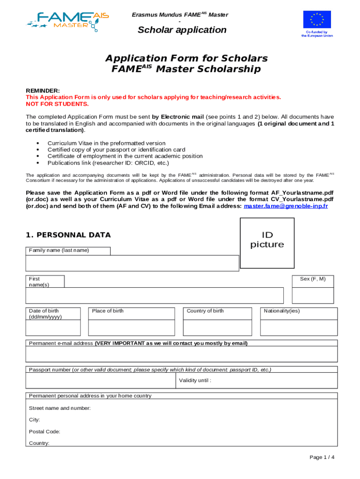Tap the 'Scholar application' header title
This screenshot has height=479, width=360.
[x=182, y=30]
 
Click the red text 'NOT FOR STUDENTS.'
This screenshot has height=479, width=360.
[x=57, y=104]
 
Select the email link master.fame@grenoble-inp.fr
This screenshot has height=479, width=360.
[x=286, y=206]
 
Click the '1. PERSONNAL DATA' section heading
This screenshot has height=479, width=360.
[x=68, y=235]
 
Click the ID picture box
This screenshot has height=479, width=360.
[x=267, y=239]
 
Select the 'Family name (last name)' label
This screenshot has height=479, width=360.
[x=59, y=250]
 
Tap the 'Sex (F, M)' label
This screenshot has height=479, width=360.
[x=313, y=279]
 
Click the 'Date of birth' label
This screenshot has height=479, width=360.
[x=44, y=313]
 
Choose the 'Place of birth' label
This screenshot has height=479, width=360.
[x=108, y=311]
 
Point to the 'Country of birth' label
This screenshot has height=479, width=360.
[x=205, y=311]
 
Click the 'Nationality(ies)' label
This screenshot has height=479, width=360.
[x=282, y=311]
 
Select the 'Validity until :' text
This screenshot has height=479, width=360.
[x=195, y=380]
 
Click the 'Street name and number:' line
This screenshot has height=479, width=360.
[x=60, y=408]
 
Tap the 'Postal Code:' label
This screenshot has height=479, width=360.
[x=44, y=432]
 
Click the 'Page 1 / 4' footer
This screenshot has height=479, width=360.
[x=322, y=457]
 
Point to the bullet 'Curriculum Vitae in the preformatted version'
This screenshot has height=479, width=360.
[x=106, y=143]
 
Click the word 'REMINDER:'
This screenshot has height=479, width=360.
[x=43, y=91]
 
